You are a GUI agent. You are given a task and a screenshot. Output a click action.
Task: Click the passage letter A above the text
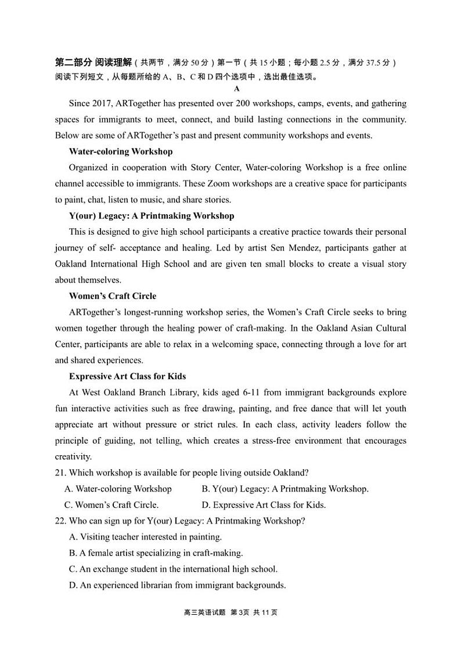(x=236, y=89)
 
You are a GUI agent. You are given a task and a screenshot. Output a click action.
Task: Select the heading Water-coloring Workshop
(x=120, y=152)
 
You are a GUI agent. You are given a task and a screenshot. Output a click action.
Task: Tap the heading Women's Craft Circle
(x=112, y=296)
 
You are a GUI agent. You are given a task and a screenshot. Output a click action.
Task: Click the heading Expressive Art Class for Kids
(x=127, y=376)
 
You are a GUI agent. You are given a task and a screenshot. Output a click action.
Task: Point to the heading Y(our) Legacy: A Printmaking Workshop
(x=151, y=216)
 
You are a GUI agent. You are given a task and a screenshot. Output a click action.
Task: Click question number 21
(x=60, y=473)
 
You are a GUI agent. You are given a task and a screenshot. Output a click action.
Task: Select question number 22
(x=60, y=521)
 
